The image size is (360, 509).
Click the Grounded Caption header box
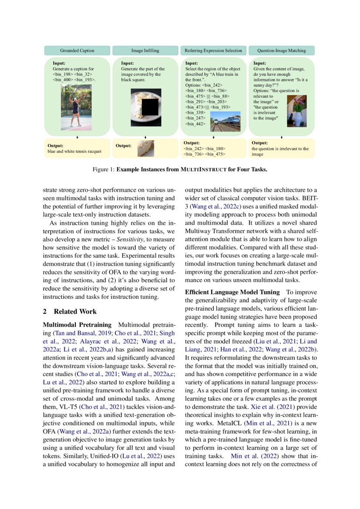point(77,51)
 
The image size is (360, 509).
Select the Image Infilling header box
point(145,51)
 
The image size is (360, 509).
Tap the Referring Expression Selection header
point(213,51)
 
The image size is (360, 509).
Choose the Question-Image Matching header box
point(281,51)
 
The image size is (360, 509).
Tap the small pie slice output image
point(146,148)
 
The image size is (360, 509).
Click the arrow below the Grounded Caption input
point(77,137)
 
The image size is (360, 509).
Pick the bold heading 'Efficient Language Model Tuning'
point(232,292)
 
